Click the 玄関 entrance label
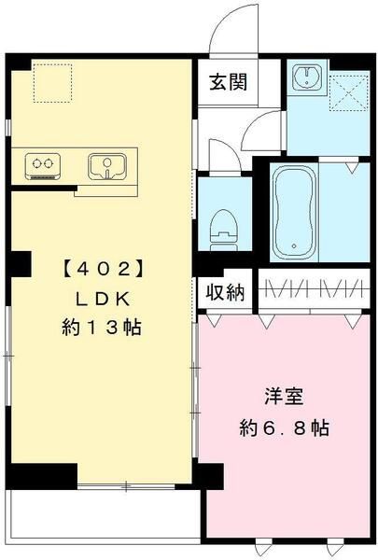pyautogui.click(x=228, y=81)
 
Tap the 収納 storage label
pyautogui.click(x=225, y=293)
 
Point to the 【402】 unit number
pyautogui.click(x=103, y=269)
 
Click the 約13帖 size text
pyautogui.click(x=104, y=328)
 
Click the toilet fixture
pyautogui.click(x=223, y=227)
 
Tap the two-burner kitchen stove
pyautogui.click(x=42, y=166)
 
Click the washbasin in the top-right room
pyautogui.click(x=305, y=79)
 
